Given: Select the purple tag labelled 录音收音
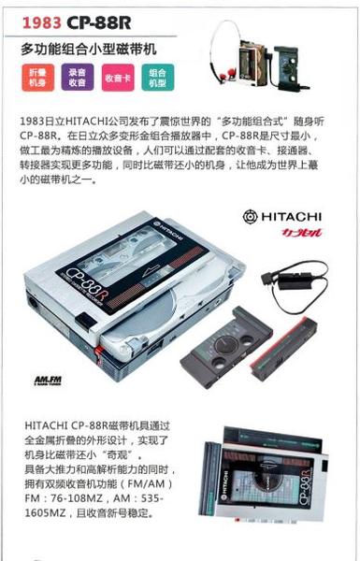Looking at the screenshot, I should (77, 79).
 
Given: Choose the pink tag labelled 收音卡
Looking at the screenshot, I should (118, 79).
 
